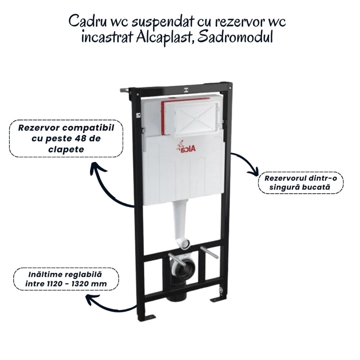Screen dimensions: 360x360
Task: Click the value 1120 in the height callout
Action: pos(52,284)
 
